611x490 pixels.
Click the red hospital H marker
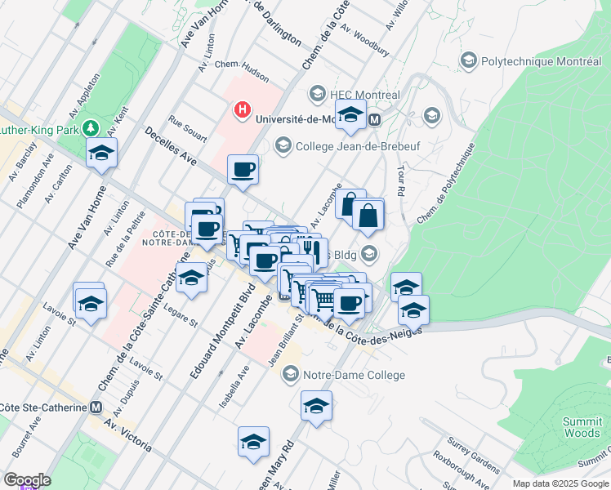click(242, 109)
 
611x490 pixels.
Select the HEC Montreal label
click(365, 95)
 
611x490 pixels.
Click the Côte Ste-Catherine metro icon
click(96, 407)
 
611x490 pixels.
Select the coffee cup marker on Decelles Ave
click(243, 170)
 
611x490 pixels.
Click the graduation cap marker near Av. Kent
click(102, 153)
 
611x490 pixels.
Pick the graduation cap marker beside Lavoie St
click(90, 303)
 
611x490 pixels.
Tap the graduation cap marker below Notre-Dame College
click(316, 405)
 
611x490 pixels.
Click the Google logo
click(26, 480)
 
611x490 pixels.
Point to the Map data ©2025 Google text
click(560, 483)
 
